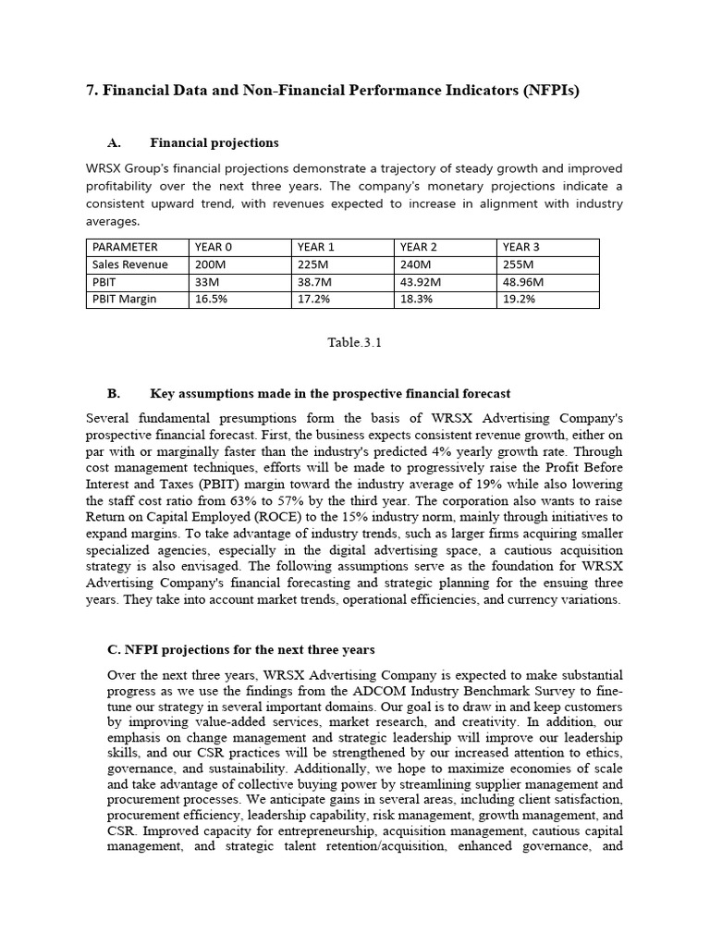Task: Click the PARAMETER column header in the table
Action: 125,247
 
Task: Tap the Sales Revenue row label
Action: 130,264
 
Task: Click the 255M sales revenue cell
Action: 519,264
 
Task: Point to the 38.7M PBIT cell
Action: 316,282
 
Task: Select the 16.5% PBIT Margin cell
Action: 212,300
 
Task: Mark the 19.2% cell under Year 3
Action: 520,300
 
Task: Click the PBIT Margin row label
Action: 125,300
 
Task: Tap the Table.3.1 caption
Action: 355,342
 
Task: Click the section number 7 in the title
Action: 92,91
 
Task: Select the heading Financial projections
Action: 214,143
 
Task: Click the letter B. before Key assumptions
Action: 115,394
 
